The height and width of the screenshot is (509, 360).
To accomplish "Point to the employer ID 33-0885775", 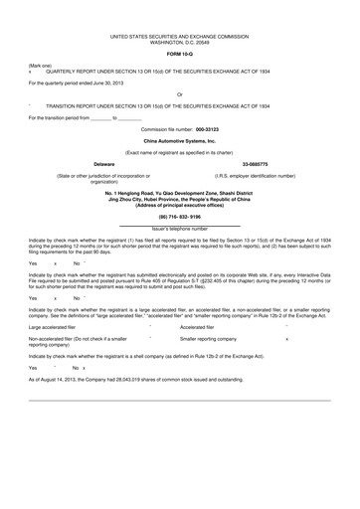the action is [256, 162].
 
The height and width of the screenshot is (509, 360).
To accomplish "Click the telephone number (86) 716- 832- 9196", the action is [180, 216].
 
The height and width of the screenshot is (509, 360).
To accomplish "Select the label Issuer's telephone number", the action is [180, 228].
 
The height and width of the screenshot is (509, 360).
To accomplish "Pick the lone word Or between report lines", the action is [179, 93].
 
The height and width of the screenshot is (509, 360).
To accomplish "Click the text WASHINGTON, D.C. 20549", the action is [180, 41].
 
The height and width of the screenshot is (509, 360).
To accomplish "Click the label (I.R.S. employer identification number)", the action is [255, 175].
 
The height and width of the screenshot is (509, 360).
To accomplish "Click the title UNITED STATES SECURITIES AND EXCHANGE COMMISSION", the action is [180, 35].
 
